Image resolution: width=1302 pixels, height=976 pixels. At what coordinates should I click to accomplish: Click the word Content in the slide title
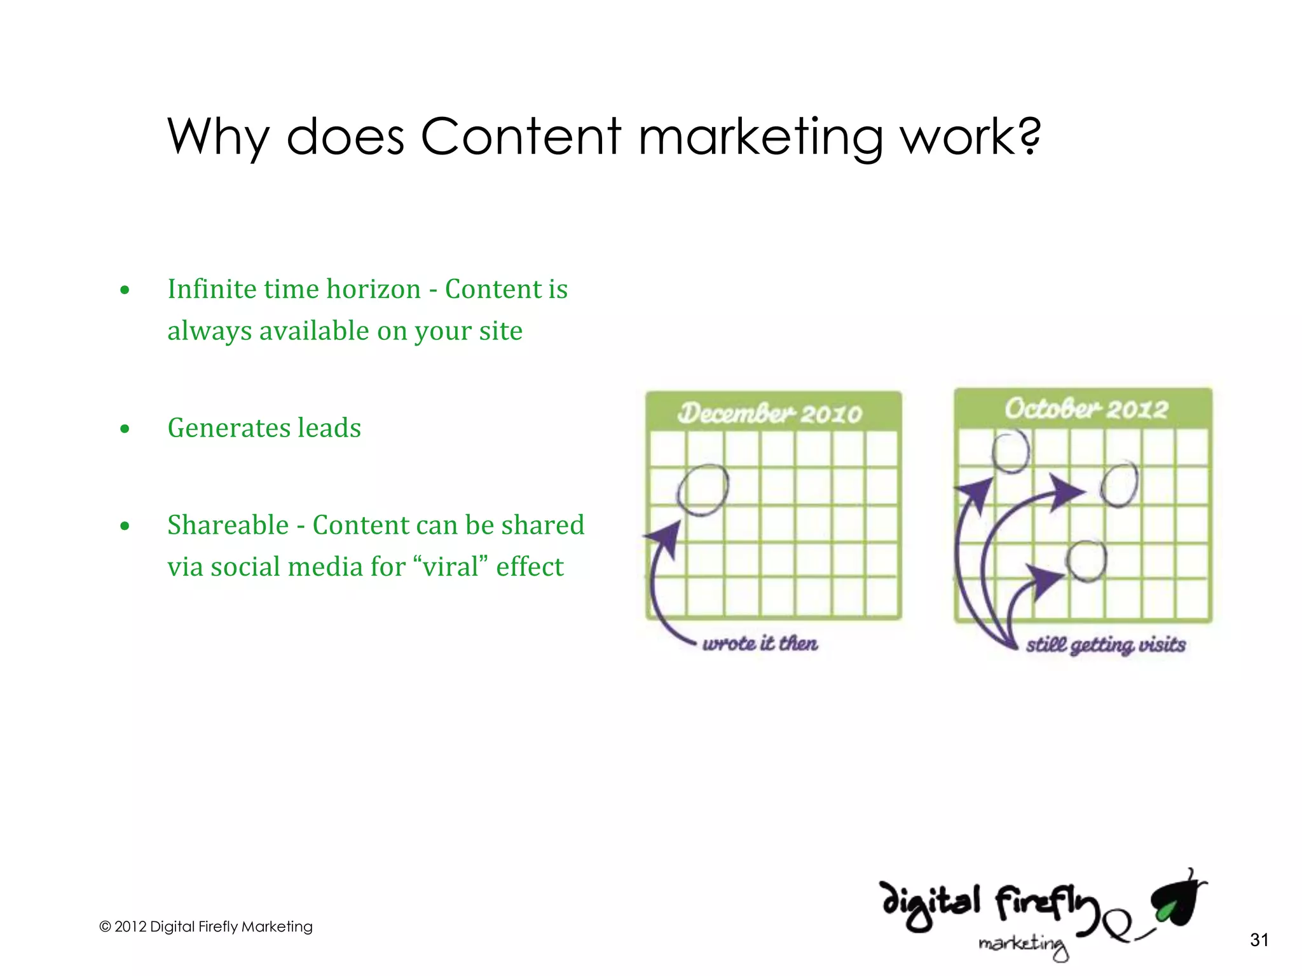point(520,137)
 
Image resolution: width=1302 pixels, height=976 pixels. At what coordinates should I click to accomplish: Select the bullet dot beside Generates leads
point(125,429)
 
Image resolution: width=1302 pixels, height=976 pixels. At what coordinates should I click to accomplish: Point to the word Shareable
point(228,525)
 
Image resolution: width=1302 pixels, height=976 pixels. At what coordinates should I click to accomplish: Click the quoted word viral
point(451,567)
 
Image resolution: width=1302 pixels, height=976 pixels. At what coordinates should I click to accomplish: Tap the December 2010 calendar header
point(770,414)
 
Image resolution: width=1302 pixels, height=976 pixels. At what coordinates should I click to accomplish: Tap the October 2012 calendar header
point(1086,409)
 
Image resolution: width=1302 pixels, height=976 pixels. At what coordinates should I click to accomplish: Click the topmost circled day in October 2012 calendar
point(1011,451)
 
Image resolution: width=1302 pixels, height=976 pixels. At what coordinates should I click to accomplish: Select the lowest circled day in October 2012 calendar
point(1086,561)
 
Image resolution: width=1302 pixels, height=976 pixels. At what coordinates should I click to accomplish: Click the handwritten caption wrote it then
point(760,644)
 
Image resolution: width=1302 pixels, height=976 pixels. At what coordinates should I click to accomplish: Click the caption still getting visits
point(1106,645)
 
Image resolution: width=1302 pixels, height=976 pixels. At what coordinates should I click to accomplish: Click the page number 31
point(1259,940)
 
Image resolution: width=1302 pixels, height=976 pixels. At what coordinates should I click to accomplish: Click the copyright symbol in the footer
point(105,927)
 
